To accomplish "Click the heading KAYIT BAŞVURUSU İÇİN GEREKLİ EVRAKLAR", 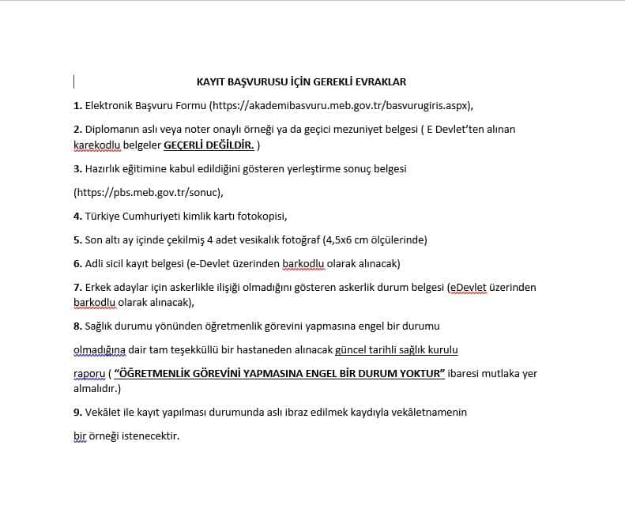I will [x=301, y=81].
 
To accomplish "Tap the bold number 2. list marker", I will [x=77, y=129].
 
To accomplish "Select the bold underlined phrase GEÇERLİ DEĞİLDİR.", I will [x=209, y=145].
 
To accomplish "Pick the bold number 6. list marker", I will [x=77, y=263].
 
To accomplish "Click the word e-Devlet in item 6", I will [x=209, y=263].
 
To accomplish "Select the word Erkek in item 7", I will [x=99, y=288].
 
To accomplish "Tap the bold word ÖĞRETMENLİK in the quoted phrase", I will [x=155, y=373].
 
